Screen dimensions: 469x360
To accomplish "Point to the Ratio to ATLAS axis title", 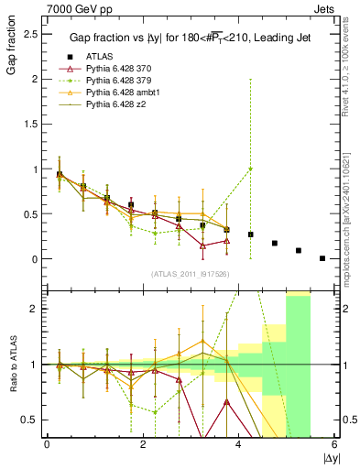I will (x=12, y=366).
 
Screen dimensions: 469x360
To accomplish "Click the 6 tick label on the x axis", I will (x=334, y=444).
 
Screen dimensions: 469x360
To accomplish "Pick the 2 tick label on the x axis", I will (x=143, y=444).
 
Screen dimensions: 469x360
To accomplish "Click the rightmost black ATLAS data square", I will (x=322, y=258).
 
